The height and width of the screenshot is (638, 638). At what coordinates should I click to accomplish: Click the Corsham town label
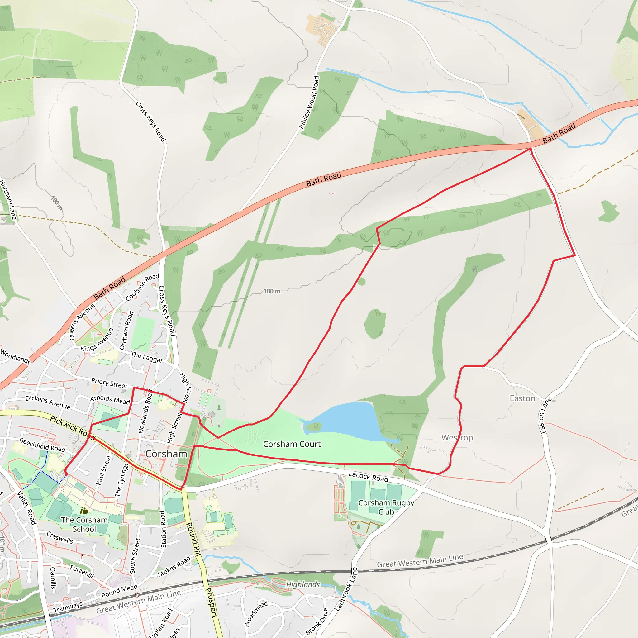(166, 454)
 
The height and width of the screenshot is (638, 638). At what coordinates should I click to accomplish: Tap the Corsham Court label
(292, 444)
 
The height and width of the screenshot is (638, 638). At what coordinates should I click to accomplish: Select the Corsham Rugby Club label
(386, 507)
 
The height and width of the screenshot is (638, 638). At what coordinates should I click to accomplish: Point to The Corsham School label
(84, 524)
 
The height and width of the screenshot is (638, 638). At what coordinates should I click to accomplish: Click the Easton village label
(522, 398)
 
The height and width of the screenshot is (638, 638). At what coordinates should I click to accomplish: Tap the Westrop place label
(457, 438)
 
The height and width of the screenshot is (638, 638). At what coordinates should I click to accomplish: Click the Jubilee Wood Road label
(309, 103)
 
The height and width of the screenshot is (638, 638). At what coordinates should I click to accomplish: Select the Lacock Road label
(368, 477)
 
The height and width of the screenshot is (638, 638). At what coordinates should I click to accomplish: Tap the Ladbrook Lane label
(345, 589)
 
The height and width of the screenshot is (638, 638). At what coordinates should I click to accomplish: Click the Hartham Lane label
(8, 200)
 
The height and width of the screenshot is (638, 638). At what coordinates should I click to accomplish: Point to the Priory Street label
(109, 383)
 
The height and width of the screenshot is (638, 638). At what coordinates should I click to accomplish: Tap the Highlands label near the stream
(303, 585)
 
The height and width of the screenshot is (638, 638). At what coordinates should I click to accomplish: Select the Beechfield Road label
(42, 445)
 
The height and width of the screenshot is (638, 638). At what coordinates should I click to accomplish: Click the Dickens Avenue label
(48, 402)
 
